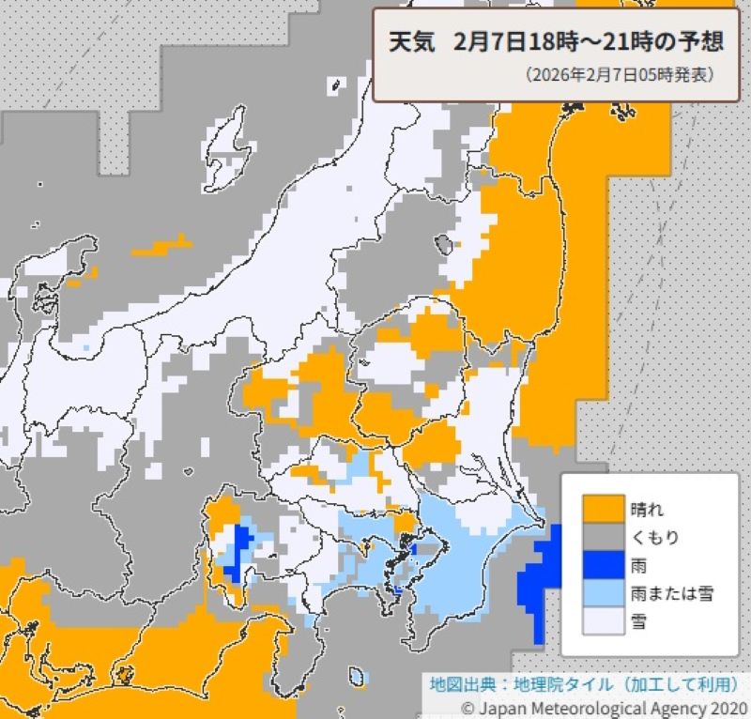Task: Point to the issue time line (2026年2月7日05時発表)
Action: [x=620, y=74]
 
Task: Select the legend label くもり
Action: [x=655, y=537]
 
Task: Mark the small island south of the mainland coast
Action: [x=357, y=676]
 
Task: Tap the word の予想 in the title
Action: [x=689, y=43]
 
